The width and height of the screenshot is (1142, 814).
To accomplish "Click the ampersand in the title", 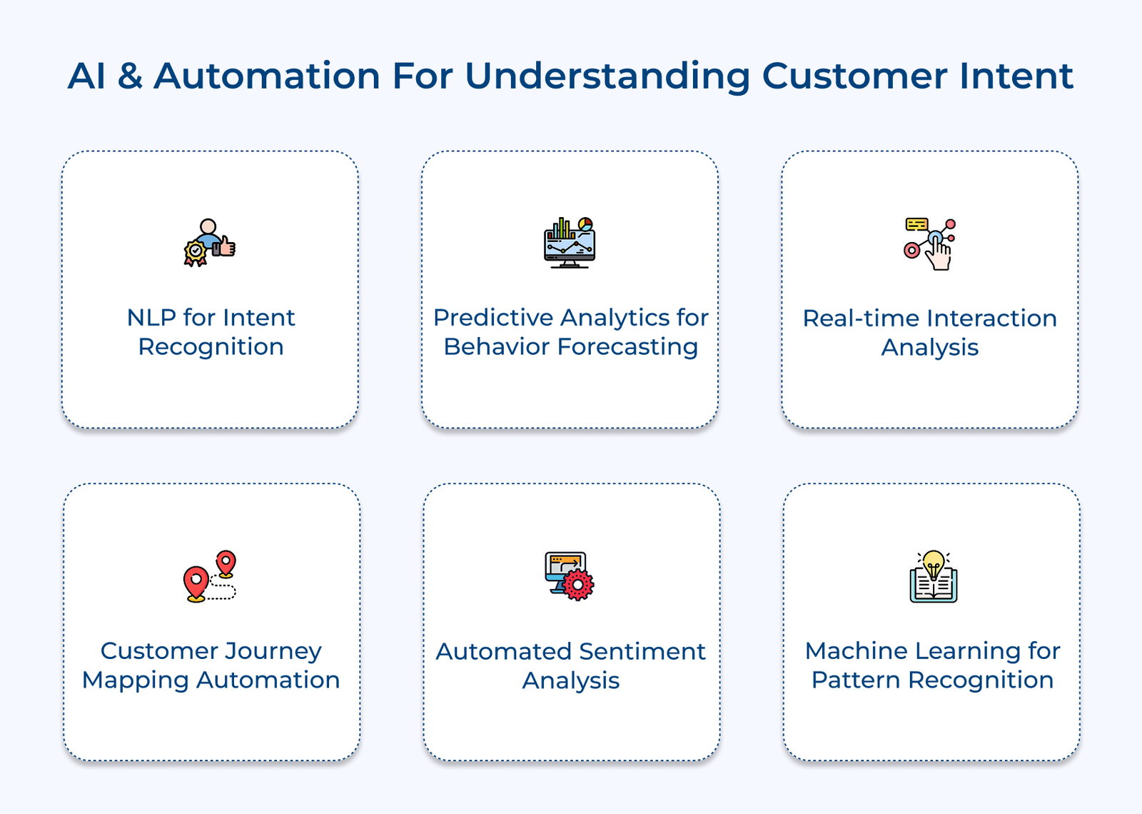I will (x=130, y=76).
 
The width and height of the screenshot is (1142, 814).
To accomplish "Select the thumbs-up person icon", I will (x=210, y=243).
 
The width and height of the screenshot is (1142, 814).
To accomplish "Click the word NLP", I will (x=151, y=318).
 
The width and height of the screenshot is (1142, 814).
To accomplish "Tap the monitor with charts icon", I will (x=569, y=243).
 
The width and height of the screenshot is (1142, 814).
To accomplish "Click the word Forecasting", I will (x=627, y=347).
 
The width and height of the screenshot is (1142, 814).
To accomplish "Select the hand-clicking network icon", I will (x=930, y=244).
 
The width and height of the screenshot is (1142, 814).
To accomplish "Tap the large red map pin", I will (x=196, y=583).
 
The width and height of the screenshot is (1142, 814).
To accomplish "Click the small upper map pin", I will (x=226, y=563).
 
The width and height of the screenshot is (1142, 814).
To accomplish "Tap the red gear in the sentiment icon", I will (x=578, y=585).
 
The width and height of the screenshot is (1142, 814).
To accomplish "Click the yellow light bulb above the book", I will (x=934, y=563).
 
